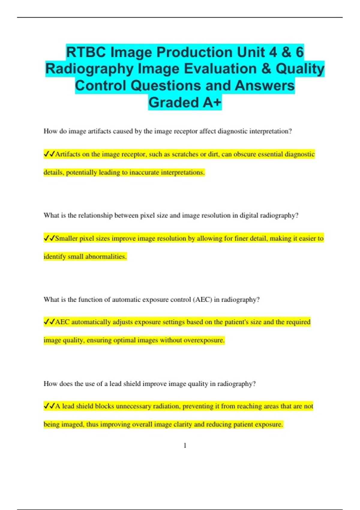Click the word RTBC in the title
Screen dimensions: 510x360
86,52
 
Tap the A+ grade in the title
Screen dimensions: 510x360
212,103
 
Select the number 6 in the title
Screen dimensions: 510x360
299,52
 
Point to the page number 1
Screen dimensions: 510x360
185,445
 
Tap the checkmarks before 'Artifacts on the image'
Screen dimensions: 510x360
49,154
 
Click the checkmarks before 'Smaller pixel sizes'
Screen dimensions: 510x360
49,238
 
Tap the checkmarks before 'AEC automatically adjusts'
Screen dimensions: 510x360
49,322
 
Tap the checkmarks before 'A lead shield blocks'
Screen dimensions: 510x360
49,406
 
